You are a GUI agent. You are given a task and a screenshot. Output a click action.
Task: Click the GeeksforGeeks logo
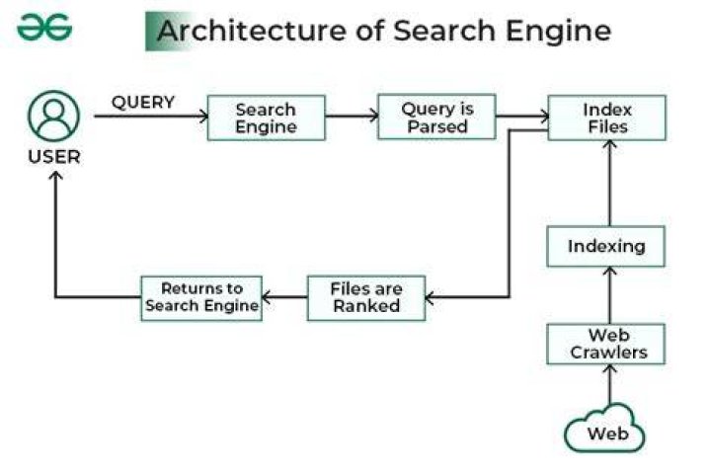pyautogui.click(x=44, y=28)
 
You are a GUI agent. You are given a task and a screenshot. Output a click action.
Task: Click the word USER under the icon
pyautogui.click(x=54, y=157)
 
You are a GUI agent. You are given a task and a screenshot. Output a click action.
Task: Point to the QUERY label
pyautogui.click(x=143, y=102)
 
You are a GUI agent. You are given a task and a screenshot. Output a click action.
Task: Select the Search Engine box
pyautogui.click(x=267, y=118)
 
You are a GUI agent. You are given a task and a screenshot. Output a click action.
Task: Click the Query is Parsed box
pyautogui.click(x=436, y=118)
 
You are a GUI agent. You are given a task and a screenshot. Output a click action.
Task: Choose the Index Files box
pyautogui.click(x=607, y=118)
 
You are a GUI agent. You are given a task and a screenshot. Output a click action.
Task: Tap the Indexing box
pyautogui.click(x=606, y=246)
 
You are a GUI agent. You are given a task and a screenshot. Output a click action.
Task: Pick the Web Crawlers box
pyautogui.click(x=606, y=344)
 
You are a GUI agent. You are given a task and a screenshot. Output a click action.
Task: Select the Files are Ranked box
pyautogui.click(x=366, y=298)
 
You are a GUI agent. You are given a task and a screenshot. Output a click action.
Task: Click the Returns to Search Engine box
pyautogui.click(x=201, y=298)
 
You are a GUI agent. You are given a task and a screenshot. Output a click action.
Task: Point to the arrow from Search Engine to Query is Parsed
pyautogui.click(x=352, y=117)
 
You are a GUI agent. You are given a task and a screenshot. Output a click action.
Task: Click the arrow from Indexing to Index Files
pyautogui.click(x=610, y=184)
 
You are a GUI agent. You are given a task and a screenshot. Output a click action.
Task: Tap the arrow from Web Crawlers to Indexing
pyautogui.click(x=610, y=295)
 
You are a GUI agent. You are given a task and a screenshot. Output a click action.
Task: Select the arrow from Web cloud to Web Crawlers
pyautogui.click(x=610, y=385)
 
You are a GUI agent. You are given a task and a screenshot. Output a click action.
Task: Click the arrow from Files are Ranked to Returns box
pyautogui.click(x=284, y=297)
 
